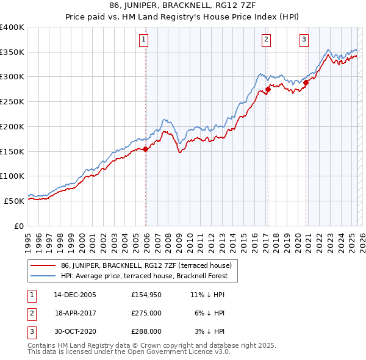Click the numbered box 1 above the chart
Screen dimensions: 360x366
click(x=143, y=40)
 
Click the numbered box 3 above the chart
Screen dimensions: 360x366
click(x=304, y=40)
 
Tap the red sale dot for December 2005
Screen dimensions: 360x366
click(x=146, y=149)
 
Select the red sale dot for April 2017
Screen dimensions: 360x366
click(x=268, y=89)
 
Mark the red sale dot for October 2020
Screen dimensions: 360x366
click(x=306, y=83)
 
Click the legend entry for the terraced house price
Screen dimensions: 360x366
click(x=146, y=265)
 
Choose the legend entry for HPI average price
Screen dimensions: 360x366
click(x=144, y=276)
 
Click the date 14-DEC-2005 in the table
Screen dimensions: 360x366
click(x=75, y=295)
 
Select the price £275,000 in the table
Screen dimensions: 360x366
click(x=146, y=313)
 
